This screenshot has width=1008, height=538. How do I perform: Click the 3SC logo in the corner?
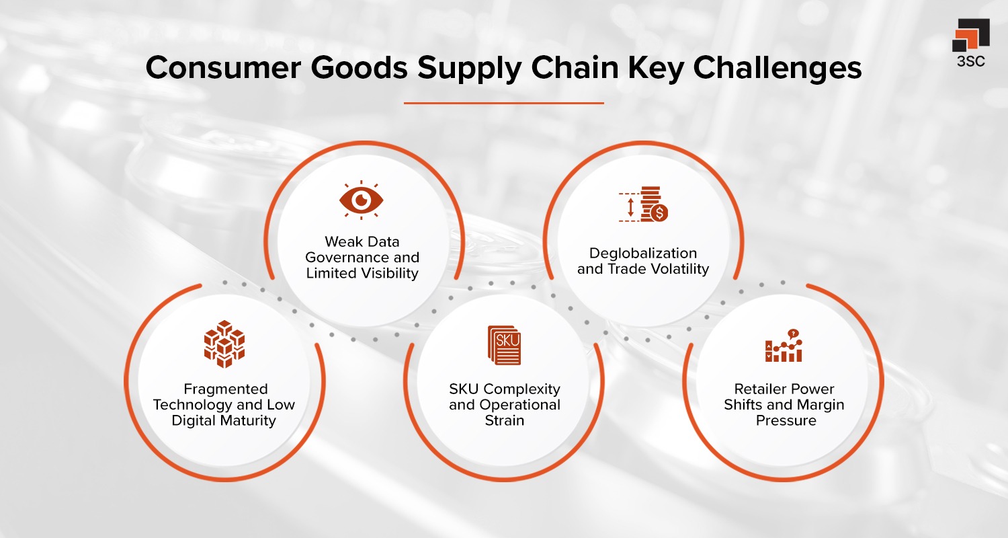point(970,44)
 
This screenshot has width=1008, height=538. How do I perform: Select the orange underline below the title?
point(504,103)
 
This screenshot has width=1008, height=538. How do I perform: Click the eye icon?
point(360,200)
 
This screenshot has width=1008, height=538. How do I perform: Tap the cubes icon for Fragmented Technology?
point(224,344)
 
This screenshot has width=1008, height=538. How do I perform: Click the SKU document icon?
point(504,345)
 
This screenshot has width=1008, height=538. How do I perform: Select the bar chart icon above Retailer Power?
point(784,346)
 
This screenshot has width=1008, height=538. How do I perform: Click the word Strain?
point(504,420)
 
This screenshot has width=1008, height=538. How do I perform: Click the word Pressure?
point(786,420)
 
